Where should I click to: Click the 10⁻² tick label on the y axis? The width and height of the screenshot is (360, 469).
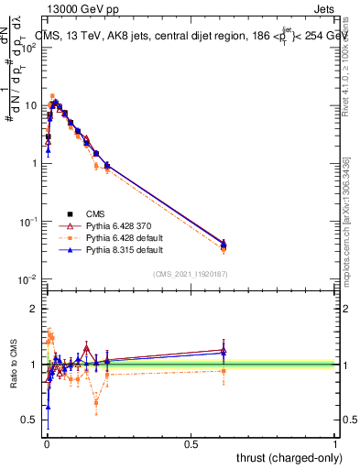click(x=29, y=279)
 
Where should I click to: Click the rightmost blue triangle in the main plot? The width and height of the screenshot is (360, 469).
click(x=224, y=243)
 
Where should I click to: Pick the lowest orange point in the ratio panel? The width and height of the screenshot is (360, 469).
click(x=96, y=402)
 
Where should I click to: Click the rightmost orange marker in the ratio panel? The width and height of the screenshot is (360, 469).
click(x=224, y=370)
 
